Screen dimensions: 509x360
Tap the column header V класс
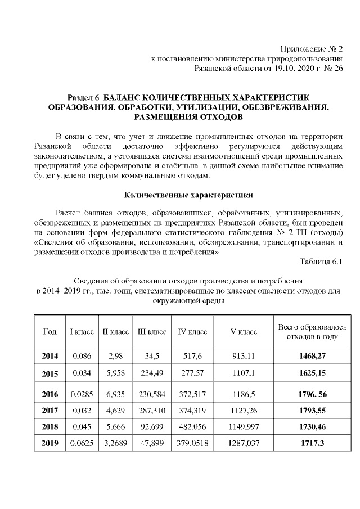tap(244, 332)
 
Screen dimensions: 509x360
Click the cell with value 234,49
tap(152, 373)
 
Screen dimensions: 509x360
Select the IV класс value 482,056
tap(193, 427)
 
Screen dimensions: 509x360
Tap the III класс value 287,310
tap(152, 411)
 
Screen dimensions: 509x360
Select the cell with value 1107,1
tap(244, 373)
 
